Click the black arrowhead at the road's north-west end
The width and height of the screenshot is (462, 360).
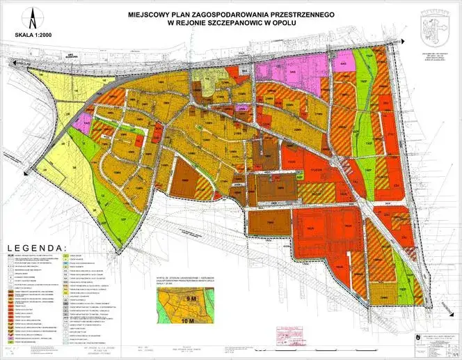(10, 63)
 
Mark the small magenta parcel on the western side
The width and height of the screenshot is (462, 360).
(82, 125)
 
